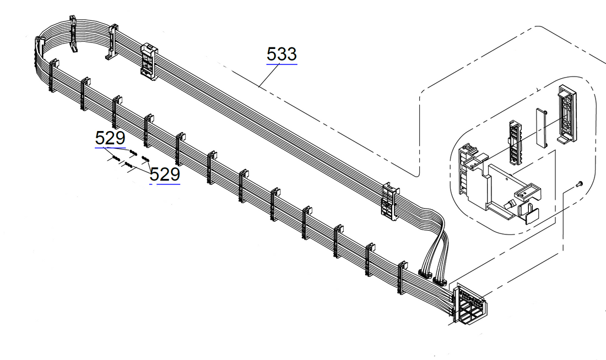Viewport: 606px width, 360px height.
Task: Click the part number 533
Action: pos(282,54)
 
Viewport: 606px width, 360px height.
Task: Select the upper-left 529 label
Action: pos(110,138)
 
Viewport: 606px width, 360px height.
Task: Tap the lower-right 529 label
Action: pos(165,174)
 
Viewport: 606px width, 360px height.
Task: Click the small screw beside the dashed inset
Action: pos(578,184)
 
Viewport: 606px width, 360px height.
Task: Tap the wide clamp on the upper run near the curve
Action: pos(149,61)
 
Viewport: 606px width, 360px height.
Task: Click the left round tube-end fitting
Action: pos(424,273)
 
